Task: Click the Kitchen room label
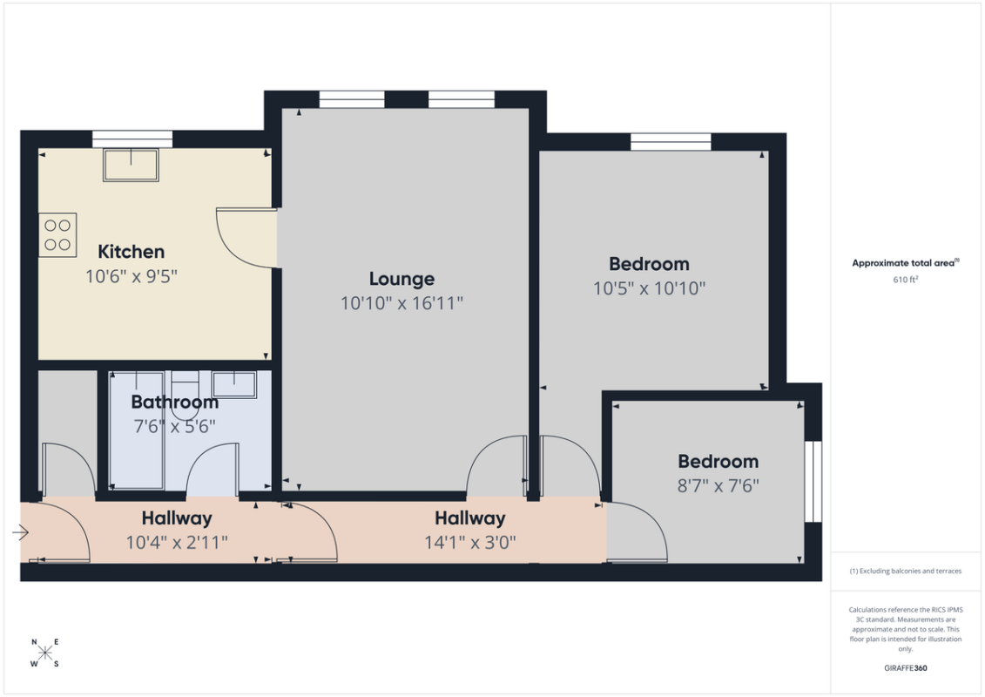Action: (132, 252)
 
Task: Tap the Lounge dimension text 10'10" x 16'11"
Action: (402, 303)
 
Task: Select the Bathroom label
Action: (175, 402)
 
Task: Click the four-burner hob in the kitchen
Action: (57, 235)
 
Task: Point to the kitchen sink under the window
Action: (132, 165)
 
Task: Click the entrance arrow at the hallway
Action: (21, 533)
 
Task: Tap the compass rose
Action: (45, 653)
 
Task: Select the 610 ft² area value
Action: (905, 280)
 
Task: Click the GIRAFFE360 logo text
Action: (905, 667)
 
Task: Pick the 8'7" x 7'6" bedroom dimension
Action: (718, 486)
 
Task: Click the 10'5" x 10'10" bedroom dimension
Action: (650, 288)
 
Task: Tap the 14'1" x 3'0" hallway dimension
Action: (470, 542)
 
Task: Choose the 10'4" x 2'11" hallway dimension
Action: (177, 542)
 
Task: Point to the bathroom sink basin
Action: (233, 384)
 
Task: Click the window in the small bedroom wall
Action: (813, 482)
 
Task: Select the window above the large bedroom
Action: (671, 141)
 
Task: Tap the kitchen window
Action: (132, 139)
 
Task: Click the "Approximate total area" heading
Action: (905, 263)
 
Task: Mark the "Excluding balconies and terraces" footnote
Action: (905, 572)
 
